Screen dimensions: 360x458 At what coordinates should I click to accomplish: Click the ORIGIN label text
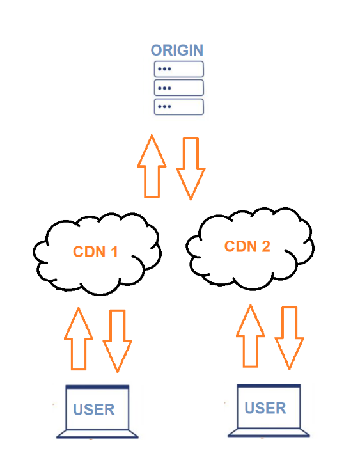click(177, 51)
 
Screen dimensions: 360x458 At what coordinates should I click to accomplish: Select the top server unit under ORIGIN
click(178, 69)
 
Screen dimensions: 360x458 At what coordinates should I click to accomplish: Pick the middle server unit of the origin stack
click(178, 88)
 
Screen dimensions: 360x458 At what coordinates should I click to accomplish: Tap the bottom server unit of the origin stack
click(178, 107)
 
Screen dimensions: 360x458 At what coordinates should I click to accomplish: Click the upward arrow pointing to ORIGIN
click(152, 166)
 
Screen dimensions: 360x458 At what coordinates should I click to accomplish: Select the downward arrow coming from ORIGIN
click(191, 168)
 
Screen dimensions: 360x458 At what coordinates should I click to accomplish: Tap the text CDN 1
click(95, 251)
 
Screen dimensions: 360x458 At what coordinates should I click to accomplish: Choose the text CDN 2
click(247, 246)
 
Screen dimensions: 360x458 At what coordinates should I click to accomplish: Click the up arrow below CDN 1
click(79, 339)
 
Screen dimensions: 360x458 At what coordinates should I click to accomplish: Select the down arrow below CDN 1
click(118, 341)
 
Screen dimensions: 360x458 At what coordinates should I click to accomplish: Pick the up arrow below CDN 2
click(251, 336)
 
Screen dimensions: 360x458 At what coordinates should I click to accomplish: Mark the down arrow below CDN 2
click(290, 338)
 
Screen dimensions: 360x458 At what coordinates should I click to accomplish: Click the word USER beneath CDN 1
click(94, 409)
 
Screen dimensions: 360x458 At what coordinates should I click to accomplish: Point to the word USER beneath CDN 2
click(265, 408)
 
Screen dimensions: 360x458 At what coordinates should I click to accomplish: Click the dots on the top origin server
click(164, 69)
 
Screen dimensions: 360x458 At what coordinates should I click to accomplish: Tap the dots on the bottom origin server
click(164, 107)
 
